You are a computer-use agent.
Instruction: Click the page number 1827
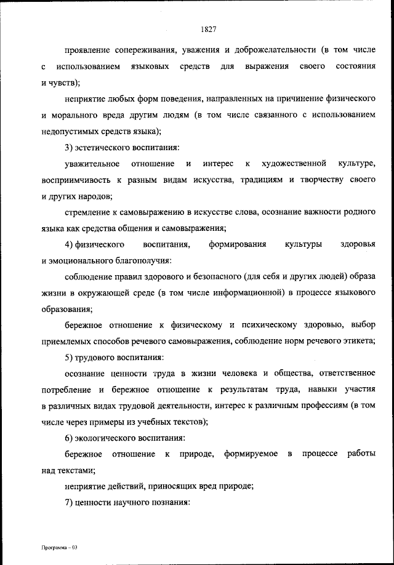tap(207, 28)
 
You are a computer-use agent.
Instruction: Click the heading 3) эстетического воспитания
tap(122, 147)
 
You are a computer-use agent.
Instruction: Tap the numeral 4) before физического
tap(70, 245)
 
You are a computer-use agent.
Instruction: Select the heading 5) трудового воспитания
tap(115, 358)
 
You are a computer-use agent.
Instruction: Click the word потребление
tap(65, 391)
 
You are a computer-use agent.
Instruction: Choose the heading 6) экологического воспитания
tap(125, 438)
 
